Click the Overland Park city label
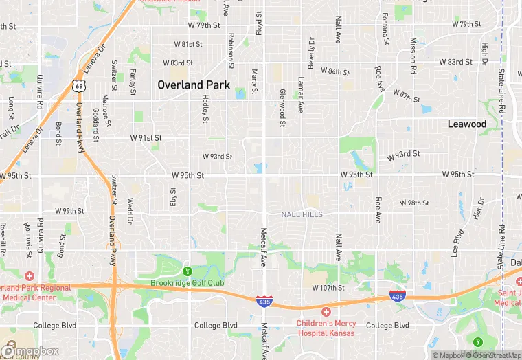[194, 85]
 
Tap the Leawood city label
[467, 124]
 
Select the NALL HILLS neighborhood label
[302, 214]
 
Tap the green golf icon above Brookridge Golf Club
[187, 271]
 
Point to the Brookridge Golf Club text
[188, 283]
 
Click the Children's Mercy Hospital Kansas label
[326, 328]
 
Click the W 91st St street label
[146, 137]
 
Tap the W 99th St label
[69, 210]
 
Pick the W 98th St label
[415, 203]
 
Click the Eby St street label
[173, 196]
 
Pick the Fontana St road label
[385, 26]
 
